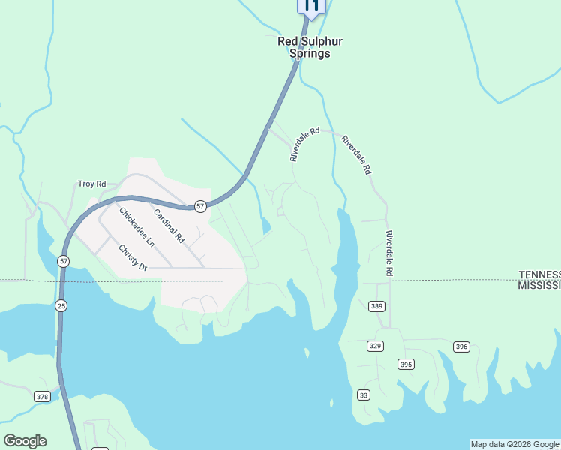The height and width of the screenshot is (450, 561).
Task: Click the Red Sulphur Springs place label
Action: click(x=304, y=48)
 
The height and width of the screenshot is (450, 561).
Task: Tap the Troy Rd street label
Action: click(x=92, y=184)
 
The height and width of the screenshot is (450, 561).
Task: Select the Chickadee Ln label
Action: click(x=136, y=226)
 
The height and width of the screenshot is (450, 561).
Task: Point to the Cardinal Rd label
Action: click(x=169, y=226)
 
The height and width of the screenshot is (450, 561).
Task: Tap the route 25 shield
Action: click(x=61, y=305)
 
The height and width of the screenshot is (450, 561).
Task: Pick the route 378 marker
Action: click(x=42, y=396)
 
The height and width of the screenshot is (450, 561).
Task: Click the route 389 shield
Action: click(x=376, y=306)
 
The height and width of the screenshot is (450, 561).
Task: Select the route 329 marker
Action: click(x=376, y=345)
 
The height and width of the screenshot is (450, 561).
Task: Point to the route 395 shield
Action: click(x=406, y=364)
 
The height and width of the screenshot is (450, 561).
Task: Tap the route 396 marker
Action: click(x=461, y=346)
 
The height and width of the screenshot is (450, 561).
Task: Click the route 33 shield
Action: click(x=364, y=394)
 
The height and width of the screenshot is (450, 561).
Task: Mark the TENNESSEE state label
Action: click(x=539, y=275)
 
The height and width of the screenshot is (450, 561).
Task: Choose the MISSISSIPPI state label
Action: click(x=539, y=286)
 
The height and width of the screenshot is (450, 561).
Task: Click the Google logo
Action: click(x=25, y=441)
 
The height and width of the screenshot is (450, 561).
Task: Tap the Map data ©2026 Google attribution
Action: click(x=514, y=444)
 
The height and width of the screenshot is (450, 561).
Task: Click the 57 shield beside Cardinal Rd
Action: click(x=200, y=206)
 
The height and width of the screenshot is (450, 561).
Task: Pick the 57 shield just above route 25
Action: click(x=64, y=261)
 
